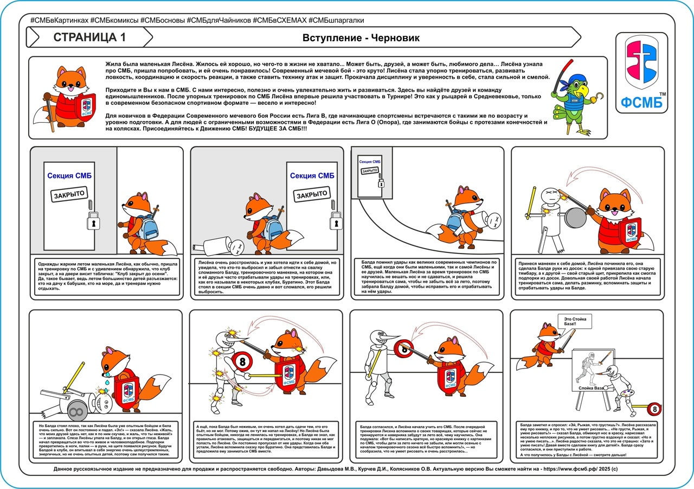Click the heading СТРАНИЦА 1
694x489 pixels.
click(89, 37)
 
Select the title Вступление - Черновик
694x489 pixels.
click(361, 38)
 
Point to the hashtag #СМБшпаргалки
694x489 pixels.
click(336, 20)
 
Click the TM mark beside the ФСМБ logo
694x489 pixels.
click(662, 94)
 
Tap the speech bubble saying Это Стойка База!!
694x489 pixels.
click(574, 321)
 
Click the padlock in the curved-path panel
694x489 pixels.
click(381, 183)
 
